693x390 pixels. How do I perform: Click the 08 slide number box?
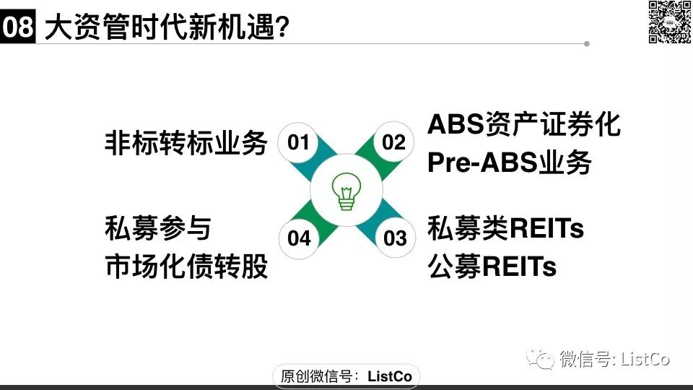[x=17, y=27]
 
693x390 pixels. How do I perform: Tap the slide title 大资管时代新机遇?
[x=167, y=27]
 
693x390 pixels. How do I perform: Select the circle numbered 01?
[x=298, y=142]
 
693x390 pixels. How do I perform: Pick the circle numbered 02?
[x=394, y=142]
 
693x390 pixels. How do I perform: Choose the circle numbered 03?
[x=395, y=238]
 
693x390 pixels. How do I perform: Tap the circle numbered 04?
[x=299, y=238]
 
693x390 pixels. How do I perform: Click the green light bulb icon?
[x=346, y=191]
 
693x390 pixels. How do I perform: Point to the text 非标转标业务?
[x=186, y=143]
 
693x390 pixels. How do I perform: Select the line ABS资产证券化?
[x=524, y=123]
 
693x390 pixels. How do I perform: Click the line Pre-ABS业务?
[x=509, y=162]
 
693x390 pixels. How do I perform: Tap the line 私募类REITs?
[x=505, y=228]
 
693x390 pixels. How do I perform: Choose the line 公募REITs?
[x=492, y=266]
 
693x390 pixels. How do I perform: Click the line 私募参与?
[x=158, y=228]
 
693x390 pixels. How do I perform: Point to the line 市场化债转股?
[x=186, y=266]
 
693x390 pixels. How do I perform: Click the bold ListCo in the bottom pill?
[x=390, y=376]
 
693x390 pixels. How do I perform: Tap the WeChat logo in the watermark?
[x=540, y=358]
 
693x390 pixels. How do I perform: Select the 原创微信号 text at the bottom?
[x=316, y=376]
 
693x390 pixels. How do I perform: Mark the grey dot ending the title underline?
[x=586, y=44]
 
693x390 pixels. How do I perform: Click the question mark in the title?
[x=282, y=27]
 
